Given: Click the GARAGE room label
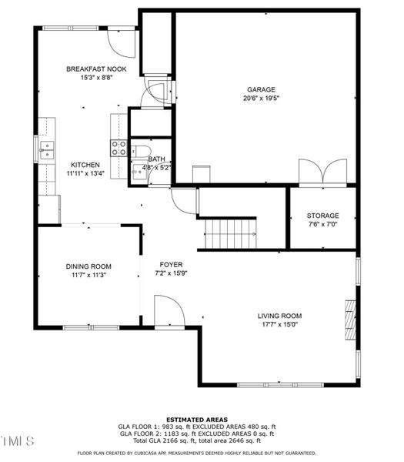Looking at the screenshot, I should tap(260, 89).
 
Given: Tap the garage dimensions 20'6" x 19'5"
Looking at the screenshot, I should tap(260, 99).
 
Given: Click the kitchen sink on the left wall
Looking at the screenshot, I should tap(48, 149).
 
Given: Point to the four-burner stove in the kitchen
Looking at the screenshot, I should tap(120, 148).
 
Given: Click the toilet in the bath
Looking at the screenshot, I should tap(141, 152).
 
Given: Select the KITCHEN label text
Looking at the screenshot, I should tap(85, 165).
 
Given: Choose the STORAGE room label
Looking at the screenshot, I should tap(322, 216).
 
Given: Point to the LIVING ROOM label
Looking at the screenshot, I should tap(279, 316).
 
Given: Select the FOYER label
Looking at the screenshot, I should tap(171, 264).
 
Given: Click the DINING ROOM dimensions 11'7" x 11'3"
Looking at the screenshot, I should tap(88, 275).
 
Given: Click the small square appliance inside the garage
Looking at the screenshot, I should tap(202, 173).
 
